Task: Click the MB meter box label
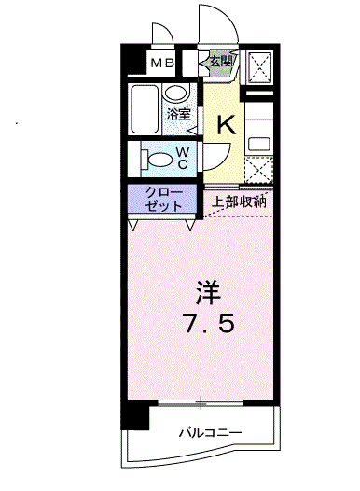162,63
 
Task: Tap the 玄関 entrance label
221,61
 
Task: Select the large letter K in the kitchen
226,125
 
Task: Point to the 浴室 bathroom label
178,114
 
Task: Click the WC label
183,158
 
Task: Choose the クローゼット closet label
163,199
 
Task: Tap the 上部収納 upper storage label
239,202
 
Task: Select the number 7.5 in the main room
209,324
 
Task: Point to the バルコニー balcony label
210,433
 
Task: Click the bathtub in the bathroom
145,109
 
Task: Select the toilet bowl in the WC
157,160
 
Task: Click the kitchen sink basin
259,144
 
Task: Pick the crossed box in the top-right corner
259,67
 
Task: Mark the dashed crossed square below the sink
258,170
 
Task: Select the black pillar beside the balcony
135,415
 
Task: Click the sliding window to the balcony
201,403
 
